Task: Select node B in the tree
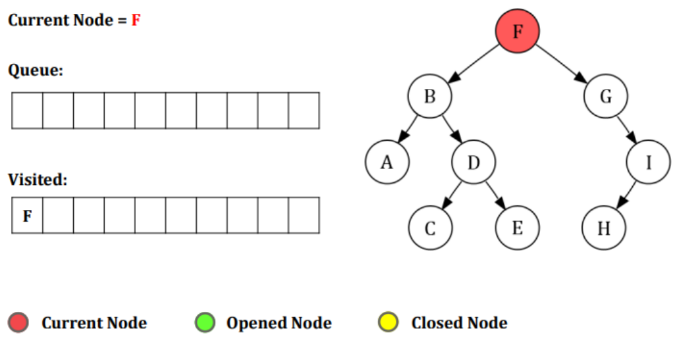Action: point(429,97)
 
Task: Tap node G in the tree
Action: point(605,97)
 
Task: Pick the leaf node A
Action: point(387,162)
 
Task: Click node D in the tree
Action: point(473,162)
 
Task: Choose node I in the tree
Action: point(648,162)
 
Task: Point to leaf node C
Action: point(430,228)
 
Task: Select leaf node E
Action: point(517,228)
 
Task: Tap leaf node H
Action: point(604,228)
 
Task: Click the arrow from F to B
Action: point(473,64)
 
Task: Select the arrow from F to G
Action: point(561,64)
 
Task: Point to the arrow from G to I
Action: point(627,130)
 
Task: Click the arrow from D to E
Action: point(495,195)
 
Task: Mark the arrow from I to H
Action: point(626,195)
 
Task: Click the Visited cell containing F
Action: point(27,215)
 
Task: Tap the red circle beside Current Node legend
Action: point(18,323)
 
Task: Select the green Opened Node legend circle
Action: point(205,323)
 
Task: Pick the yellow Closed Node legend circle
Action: point(389,323)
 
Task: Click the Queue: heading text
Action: point(36,70)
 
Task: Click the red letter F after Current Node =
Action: point(136,20)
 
